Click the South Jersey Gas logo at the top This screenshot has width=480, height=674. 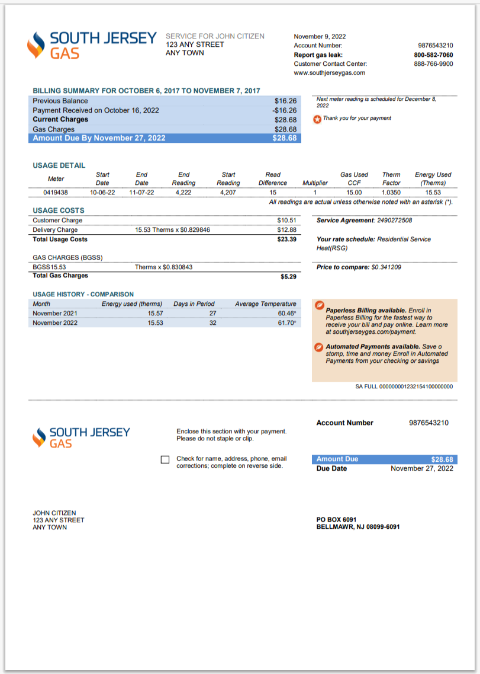pyautogui.click(x=92, y=46)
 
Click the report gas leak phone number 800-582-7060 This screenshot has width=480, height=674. pyautogui.click(x=433, y=55)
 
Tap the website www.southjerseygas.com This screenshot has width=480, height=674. pyautogui.click(x=329, y=73)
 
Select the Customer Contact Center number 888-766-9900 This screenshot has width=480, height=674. pyautogui.click(x=433, y=64)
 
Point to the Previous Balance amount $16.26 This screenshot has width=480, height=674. pyautogui.click(x=285, y=101)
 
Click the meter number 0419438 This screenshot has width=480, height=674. pyautogui.click(x=56, y=193)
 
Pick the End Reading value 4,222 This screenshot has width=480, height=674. pyautogui.click(x=183, y=193)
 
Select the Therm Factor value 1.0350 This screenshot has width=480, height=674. pyautogui.click(x=391, y=193)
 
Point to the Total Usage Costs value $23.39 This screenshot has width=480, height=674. pyautogui.click(x=286, y=239)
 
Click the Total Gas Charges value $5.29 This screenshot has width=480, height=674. pyautogui.click(x=288, y=277)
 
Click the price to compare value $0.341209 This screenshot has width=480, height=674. pyautogui.click(x=386, y=267)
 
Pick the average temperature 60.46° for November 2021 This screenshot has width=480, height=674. pyautogui.click(x=286, y=314)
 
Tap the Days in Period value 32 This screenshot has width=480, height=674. pyautogui.click(x=212, y=323)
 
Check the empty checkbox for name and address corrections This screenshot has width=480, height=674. pyautogui.click(x=165, y=459)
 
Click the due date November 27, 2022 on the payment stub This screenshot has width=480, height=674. pyautogui.click(x=422, y=468)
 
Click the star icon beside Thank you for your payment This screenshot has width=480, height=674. pyautogui.click(x=317, y=119)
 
